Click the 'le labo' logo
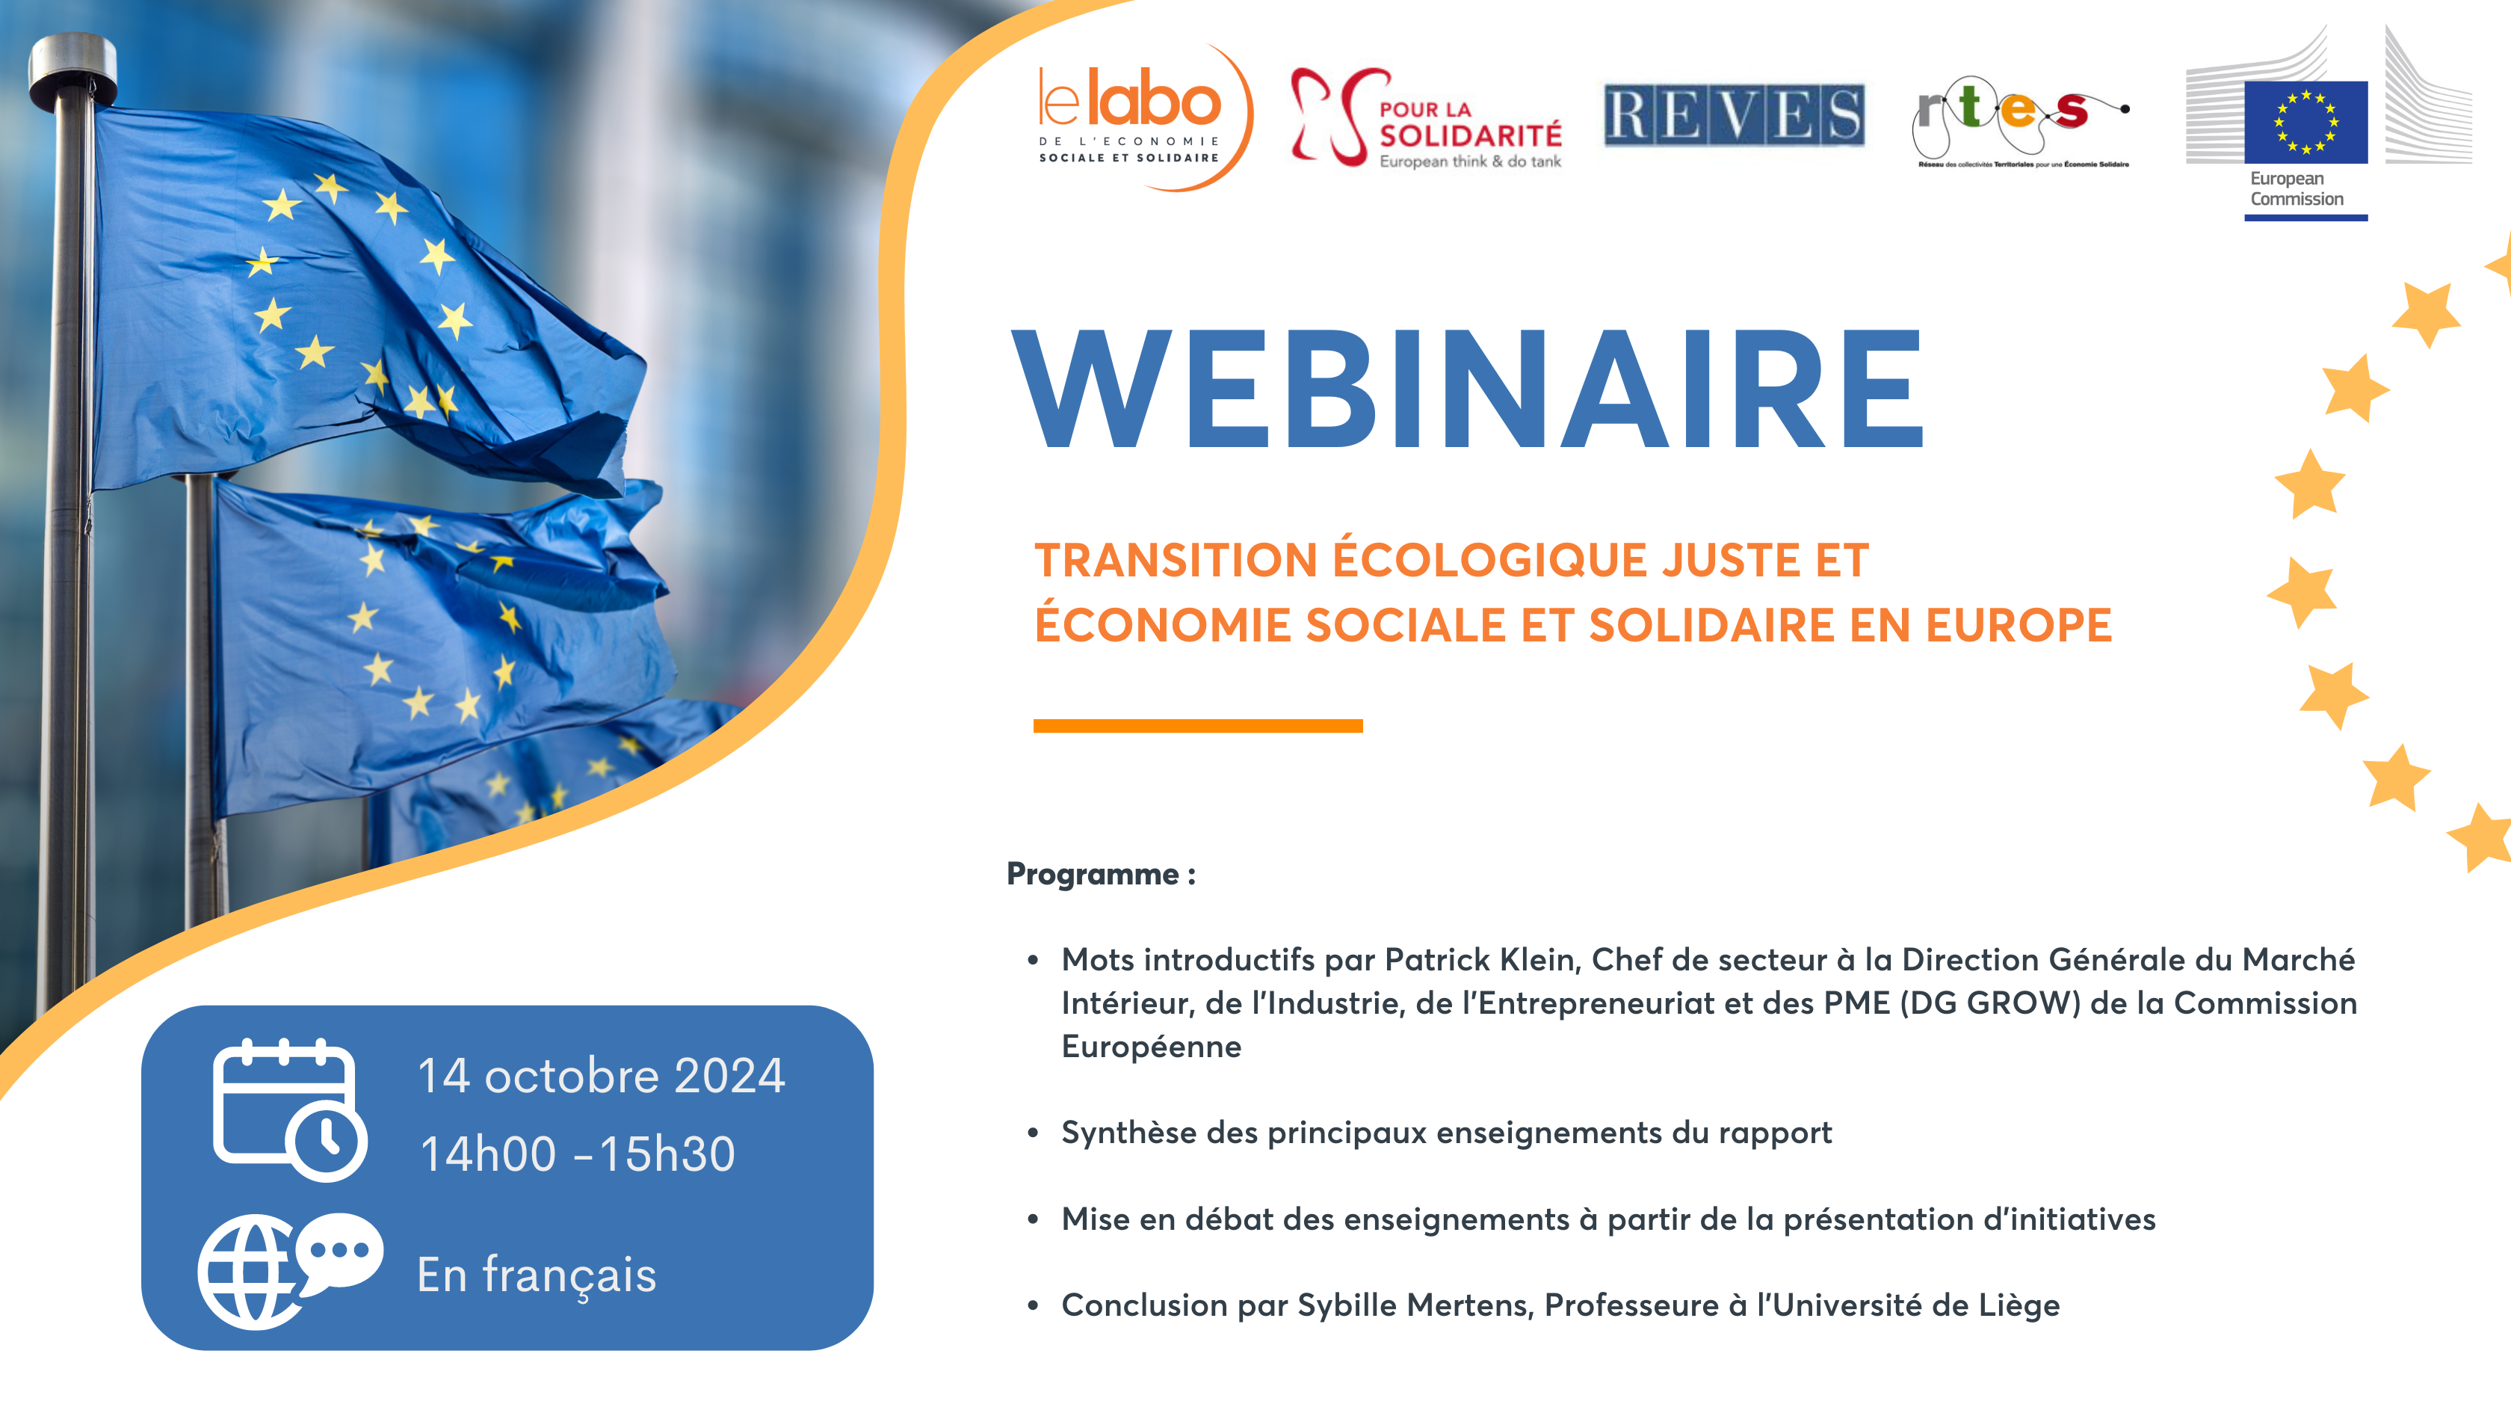[x=1143, y=117]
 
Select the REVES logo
[x=1734, y=115]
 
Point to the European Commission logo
[x=2328, y=123]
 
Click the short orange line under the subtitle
[x=1198, y=725]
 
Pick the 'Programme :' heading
[x=1101, y=874]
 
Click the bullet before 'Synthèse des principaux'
[x=1032, y=1133]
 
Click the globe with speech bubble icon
[x=289, y=1271]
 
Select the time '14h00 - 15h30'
[x=577, y=1154]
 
